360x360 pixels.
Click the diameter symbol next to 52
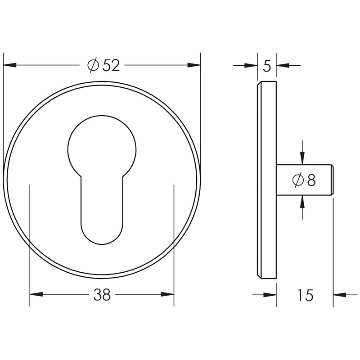pos(93,66)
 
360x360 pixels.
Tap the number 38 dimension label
pos(102,295)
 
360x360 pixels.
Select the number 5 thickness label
pos(267,66)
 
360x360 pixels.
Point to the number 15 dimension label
pos(305,296)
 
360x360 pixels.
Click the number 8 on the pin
pos(311,180)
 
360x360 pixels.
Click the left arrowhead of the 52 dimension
pos(10,66)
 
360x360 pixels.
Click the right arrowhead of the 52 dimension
pos(194,66)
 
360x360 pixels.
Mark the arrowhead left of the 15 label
pos(270,295)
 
